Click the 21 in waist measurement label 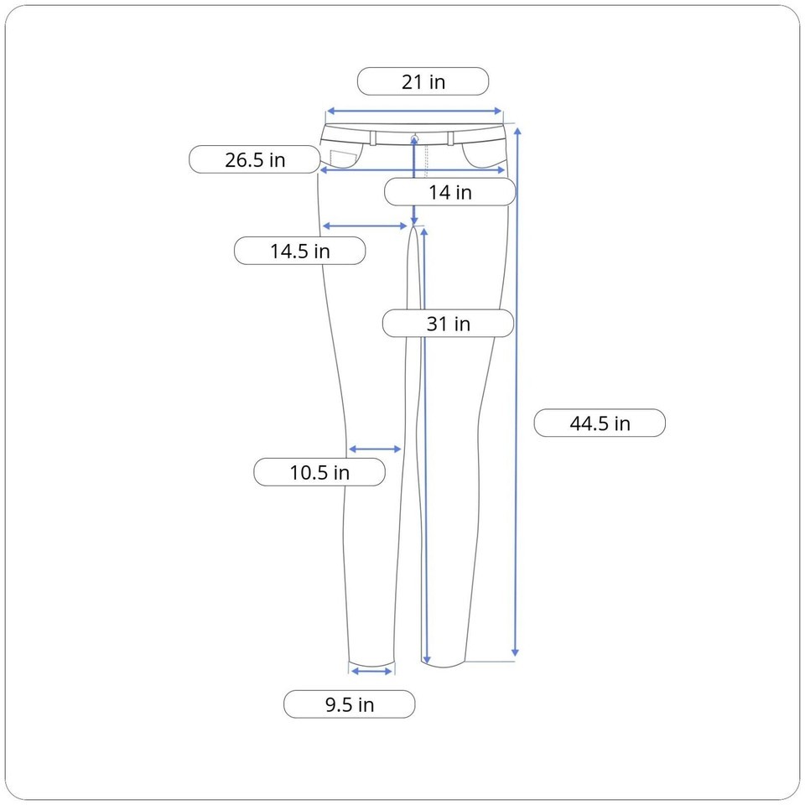(423, 81)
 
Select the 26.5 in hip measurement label (255, 159)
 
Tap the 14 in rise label (449, 192)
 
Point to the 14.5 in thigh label (300, 251)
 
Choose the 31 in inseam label (448, 324)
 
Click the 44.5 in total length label (600, 423)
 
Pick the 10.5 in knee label (319, 472)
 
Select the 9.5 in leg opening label (349, 704)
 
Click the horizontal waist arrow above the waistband (413, 111)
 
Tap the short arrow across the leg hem (371, 672)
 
